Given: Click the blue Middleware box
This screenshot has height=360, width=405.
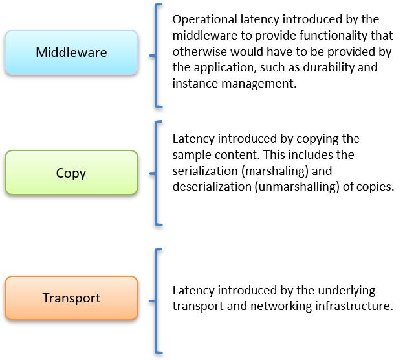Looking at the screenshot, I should click(71, 53).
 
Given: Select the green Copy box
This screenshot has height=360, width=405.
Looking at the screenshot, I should click(71, 173).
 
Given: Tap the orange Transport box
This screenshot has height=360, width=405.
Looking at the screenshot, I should click(71, 298).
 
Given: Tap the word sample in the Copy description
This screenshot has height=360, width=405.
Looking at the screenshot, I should click(191, 155).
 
